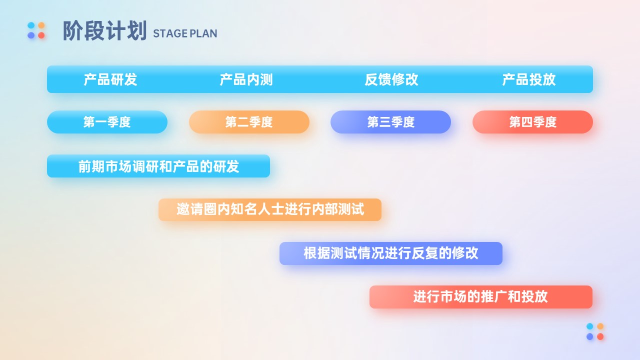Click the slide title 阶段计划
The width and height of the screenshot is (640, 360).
104,30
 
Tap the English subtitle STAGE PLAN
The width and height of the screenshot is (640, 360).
185,33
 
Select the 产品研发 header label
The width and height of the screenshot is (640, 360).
110,79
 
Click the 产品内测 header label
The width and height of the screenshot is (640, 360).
246,79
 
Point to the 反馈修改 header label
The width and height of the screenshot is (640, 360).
391,79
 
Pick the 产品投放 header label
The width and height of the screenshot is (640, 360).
529,79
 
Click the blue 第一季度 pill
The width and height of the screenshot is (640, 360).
107,122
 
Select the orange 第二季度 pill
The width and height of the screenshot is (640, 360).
249,122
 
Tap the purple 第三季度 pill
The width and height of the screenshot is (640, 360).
391,122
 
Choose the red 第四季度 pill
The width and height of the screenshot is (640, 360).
532,122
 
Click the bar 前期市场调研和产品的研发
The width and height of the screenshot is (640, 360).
158,166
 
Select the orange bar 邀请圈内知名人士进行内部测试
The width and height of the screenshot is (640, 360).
270,209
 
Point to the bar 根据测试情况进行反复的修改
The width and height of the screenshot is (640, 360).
391,253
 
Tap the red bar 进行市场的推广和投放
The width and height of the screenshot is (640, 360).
481,297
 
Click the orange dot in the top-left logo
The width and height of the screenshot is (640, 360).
41,25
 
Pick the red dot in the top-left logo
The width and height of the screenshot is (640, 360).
41,35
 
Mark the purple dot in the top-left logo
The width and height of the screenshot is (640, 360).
31,35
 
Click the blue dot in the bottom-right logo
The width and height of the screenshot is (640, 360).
589,326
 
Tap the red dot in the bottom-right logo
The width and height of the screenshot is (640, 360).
600,336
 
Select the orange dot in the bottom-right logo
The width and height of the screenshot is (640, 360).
600,326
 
